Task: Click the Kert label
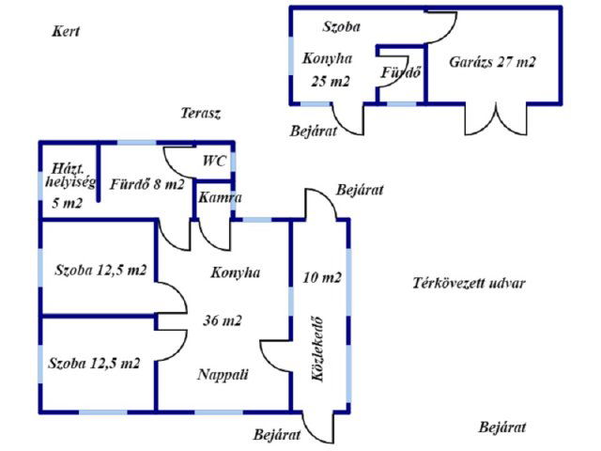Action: coord(65,31)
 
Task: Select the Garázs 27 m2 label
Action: coord(492,63)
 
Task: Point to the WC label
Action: coord(214,161)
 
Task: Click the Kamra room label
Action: coord(220,199)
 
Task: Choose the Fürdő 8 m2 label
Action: coord(147,184)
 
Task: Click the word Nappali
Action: coord(223,374)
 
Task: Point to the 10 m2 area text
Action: coord(321,277)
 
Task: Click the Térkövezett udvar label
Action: coord(469,284)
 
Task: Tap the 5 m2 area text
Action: coord(65,202)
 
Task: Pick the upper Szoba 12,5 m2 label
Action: coord(100,271)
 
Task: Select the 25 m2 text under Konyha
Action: coord(330,81)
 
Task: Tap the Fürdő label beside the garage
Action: coord(399,72)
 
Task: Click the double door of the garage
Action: coord(495,118)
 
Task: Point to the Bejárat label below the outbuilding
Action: coord(314,132)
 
